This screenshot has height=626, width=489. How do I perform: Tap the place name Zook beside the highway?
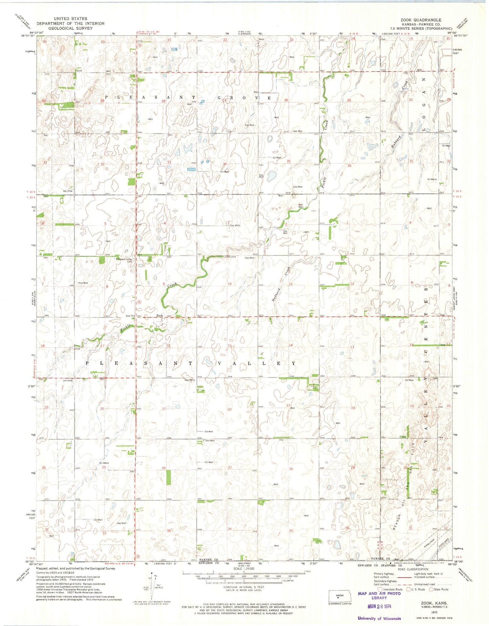click(159, 315)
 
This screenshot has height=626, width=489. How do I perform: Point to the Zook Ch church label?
click(130, 316)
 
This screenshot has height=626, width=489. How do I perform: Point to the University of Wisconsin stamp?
click(379, 618)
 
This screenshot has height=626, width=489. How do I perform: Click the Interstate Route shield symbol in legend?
click(380, 589)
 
